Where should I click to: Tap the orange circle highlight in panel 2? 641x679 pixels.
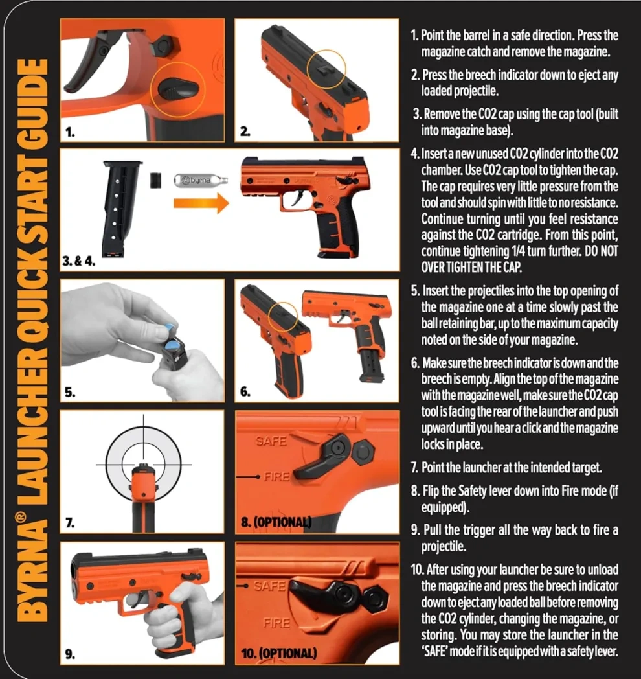point(326,70)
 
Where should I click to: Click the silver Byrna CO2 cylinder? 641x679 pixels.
point(194,177)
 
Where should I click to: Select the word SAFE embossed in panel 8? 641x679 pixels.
point(271,441)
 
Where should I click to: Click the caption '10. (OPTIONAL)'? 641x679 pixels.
point(278,652)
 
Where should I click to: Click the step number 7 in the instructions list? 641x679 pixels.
point(414,466)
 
